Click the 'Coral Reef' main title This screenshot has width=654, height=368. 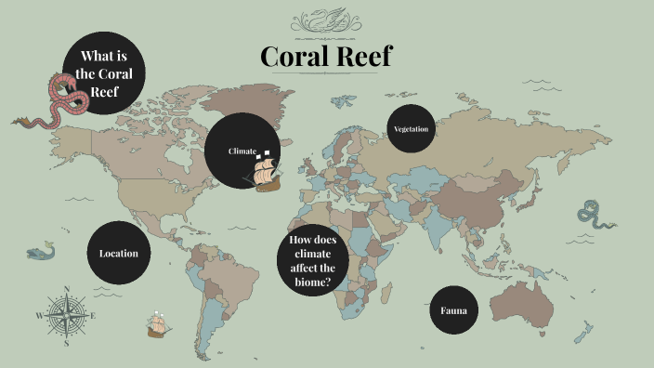(326, 58)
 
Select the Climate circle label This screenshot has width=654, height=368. (242, 151)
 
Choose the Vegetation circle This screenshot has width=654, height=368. (411, 129)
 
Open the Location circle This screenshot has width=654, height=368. (119, 253)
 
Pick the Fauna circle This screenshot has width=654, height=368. (453, 310)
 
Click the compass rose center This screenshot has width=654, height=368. (67, 316)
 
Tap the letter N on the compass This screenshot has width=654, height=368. (67, 289)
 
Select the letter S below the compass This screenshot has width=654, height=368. (67, 343)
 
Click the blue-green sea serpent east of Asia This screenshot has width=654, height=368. (592, 216)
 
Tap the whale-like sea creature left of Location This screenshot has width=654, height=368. (41, 251)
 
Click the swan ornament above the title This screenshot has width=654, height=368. (326, 20)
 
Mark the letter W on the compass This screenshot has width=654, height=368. (39, 316)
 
